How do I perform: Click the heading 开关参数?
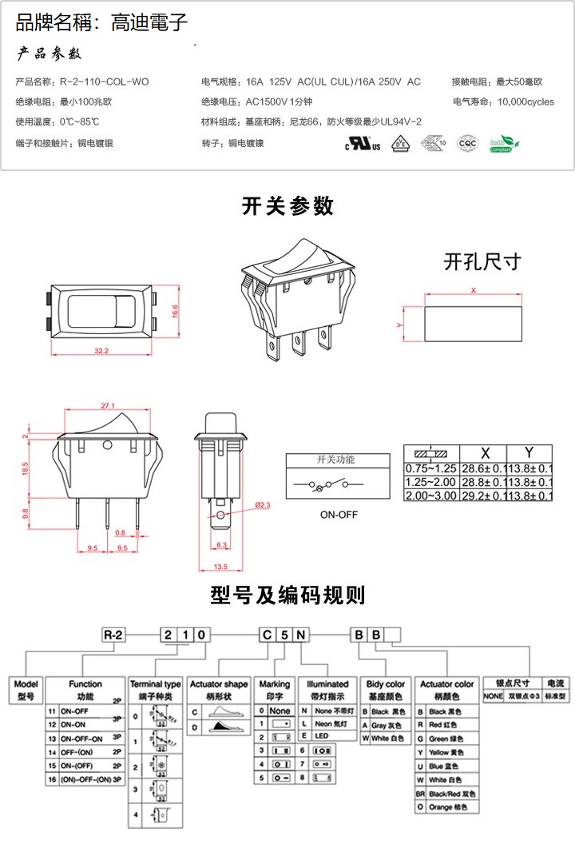287,206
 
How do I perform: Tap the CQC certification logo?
466,144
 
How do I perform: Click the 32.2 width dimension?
101,351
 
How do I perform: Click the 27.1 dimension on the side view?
109,405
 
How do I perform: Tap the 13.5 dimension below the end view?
221,567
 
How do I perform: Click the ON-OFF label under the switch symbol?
338,514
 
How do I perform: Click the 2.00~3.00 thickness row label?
430,496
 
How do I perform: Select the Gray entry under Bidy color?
384,725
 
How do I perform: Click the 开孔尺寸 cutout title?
482,261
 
